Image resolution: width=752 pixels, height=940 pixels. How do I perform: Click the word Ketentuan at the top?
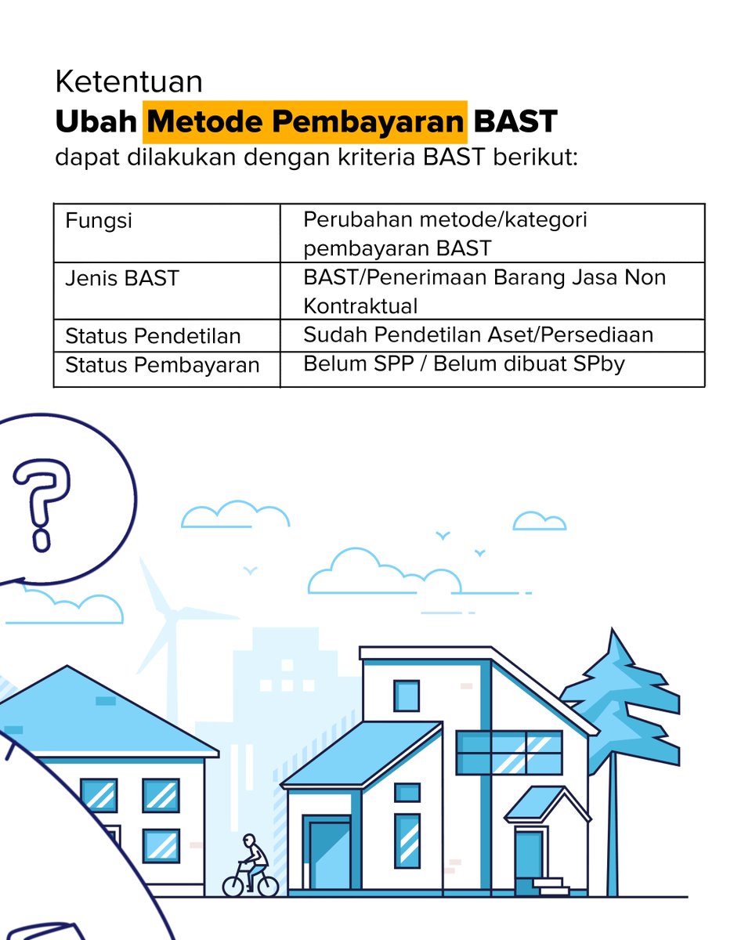128,81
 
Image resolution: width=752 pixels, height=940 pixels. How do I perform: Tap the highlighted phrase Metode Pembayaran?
305,122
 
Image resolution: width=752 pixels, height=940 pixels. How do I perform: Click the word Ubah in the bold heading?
95,122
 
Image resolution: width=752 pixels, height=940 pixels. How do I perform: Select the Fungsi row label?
99,221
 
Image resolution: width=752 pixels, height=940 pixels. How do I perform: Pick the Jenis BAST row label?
122,278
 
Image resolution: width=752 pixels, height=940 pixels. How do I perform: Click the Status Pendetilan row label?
153,336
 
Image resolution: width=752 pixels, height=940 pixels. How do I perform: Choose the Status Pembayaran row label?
162,365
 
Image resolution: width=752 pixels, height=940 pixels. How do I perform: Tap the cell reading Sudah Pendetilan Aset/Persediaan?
478,334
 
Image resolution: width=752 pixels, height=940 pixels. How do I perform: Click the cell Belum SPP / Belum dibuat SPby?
464,364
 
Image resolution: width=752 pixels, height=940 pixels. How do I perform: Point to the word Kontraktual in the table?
360,305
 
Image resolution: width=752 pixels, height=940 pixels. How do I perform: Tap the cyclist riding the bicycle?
252,858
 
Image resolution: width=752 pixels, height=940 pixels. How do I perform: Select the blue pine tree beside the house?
619,705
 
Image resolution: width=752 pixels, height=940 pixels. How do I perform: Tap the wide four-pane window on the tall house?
509,753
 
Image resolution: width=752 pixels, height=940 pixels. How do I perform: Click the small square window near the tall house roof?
406,696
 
